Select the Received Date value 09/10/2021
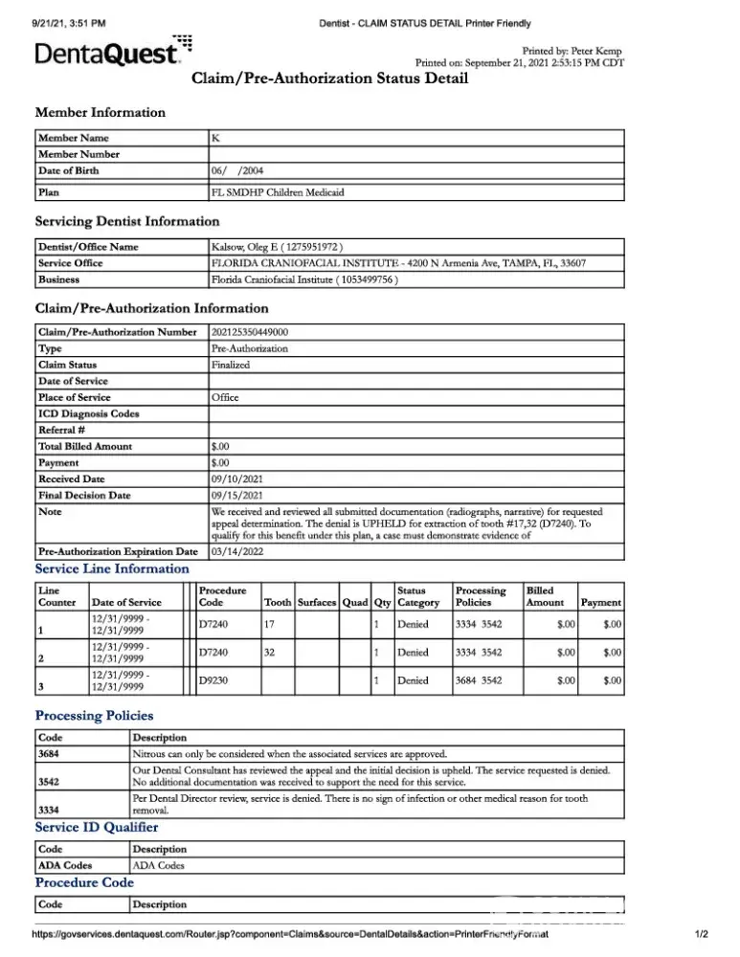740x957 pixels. pos(237,478)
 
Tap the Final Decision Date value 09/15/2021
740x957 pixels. pos(237,495)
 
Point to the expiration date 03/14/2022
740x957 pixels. pos(237,551)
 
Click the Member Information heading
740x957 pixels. pos(100,113)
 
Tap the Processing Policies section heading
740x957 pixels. pos(94,715)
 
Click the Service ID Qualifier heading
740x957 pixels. pos(97,827)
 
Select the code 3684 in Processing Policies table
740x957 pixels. pos(50,754)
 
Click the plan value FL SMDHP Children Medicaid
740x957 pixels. pos(278,191)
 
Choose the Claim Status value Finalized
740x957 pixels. pos(230,365)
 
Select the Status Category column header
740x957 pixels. pos(418,596)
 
